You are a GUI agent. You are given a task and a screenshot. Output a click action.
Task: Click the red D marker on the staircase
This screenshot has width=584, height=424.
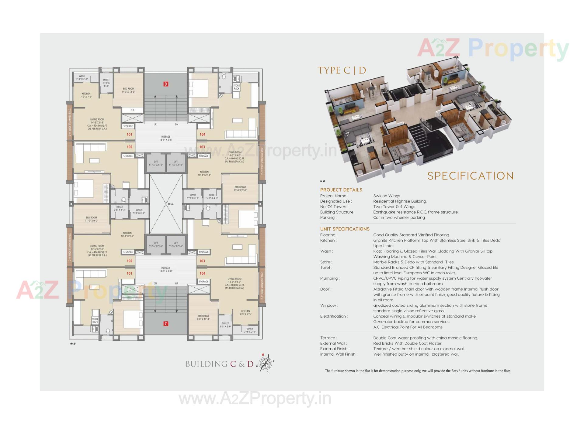[166, 84]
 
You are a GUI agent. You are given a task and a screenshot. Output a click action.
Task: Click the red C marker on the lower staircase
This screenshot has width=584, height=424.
[166, 324]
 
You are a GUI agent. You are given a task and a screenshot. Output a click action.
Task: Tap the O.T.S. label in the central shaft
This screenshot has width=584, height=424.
[171, 204]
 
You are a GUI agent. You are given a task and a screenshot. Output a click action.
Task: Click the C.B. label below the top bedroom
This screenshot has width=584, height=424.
[132, 110]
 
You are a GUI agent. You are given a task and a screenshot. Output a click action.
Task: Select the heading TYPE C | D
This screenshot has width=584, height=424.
[342, 70]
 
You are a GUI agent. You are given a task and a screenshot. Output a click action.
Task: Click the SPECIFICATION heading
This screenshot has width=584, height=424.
[470, 176]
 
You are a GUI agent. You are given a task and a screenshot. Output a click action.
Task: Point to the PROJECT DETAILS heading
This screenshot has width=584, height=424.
[341, 190]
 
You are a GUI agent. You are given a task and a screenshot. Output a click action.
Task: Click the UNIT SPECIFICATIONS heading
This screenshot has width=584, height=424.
[345, 229]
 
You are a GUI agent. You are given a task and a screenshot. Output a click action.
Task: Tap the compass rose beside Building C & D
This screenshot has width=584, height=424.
[265, 363]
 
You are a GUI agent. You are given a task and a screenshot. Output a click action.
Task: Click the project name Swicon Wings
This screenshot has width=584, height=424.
[387, 196]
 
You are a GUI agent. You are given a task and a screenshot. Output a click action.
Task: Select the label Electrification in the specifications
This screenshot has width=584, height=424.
[333, 316]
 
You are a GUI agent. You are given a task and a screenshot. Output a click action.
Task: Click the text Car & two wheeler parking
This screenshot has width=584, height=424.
[399, 217]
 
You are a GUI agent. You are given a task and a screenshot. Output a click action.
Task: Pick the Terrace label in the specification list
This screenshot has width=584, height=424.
[328, 338]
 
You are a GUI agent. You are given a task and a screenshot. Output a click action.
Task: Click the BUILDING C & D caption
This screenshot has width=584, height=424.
[219, 364]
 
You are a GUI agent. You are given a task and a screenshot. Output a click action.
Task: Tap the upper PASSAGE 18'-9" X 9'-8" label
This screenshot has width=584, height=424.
[166, 138]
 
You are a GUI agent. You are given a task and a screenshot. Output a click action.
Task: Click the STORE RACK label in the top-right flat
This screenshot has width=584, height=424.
[236, 87]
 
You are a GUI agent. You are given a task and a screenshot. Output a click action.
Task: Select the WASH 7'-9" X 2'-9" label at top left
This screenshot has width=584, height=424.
[82, 78]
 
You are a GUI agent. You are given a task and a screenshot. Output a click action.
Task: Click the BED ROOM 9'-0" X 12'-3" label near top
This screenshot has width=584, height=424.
[129, 90]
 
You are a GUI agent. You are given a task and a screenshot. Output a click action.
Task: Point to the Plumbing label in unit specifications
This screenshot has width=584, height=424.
[329, 278]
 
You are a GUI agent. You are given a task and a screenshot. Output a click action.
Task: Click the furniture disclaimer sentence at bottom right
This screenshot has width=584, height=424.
[418, 371]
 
